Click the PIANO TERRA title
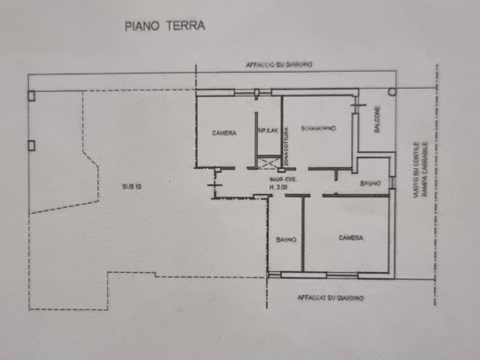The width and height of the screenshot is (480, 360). tap(165, 26)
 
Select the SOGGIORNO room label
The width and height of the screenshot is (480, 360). tap(318, 128)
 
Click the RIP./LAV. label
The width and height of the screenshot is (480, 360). tap(267, 131)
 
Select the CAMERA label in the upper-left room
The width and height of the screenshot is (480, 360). tap(224, 133)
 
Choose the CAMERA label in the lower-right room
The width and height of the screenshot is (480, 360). tap(350, 238)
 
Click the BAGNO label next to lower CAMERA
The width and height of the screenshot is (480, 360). tap(286, 238)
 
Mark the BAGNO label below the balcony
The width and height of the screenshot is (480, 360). tap(370, 184)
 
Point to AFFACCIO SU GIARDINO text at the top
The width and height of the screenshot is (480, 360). tap(279, 64)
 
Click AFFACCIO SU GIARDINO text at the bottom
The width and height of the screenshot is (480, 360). tap(330, 298)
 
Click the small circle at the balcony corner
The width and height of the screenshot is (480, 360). tap(392, 92)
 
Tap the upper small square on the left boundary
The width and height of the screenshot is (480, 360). tap(31, 95)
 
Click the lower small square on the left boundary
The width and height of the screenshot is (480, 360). tap(31, 145)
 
